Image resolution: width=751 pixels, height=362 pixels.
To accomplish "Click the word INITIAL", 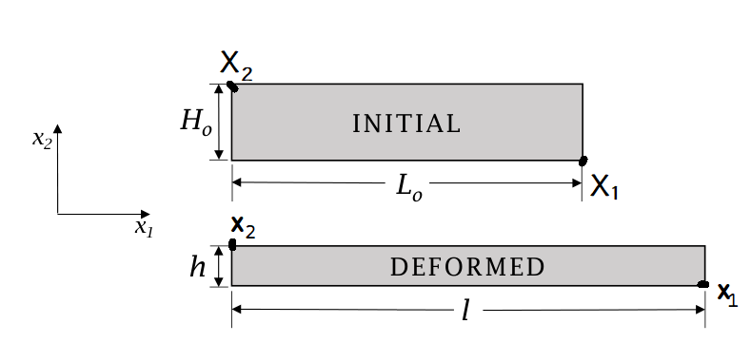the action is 406,124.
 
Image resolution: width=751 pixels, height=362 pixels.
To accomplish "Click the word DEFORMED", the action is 467,267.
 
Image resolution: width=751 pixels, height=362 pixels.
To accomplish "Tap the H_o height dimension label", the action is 196,122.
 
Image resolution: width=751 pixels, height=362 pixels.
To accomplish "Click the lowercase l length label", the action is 465,312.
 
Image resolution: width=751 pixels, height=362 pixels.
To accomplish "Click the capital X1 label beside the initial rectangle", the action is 604,186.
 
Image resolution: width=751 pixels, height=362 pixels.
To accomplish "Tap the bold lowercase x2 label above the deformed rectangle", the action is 244,227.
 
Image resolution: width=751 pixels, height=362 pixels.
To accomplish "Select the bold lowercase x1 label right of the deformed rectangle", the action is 727,295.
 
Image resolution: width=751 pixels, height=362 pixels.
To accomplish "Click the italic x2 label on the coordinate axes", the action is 42,139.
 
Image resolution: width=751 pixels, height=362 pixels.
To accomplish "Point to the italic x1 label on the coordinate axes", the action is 144,228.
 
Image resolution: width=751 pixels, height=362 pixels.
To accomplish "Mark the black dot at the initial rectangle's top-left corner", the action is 232,86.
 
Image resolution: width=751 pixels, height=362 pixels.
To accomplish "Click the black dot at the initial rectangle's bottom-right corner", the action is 583,162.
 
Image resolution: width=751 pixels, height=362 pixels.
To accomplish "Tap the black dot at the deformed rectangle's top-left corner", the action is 233,244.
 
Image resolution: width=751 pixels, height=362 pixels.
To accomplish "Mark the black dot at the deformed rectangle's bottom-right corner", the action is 703,284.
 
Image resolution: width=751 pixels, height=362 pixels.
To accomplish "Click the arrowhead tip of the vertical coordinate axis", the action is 58,124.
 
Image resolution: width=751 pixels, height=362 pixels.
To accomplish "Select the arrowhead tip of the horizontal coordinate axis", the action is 149,214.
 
